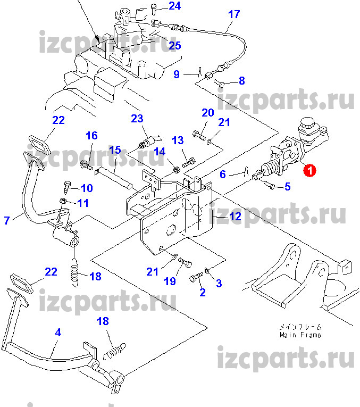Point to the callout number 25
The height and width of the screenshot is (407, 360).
coord(175,46)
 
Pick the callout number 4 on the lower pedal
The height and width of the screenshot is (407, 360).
coord(58,332)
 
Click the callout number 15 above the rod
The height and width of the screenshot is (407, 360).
coord(115,151)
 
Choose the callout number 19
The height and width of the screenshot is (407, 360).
coord(170,281)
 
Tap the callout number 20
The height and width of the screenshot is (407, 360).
coord(207,112)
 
